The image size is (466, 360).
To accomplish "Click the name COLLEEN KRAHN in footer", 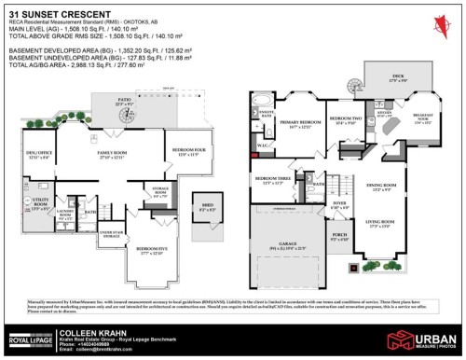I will (x=88, y=331).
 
